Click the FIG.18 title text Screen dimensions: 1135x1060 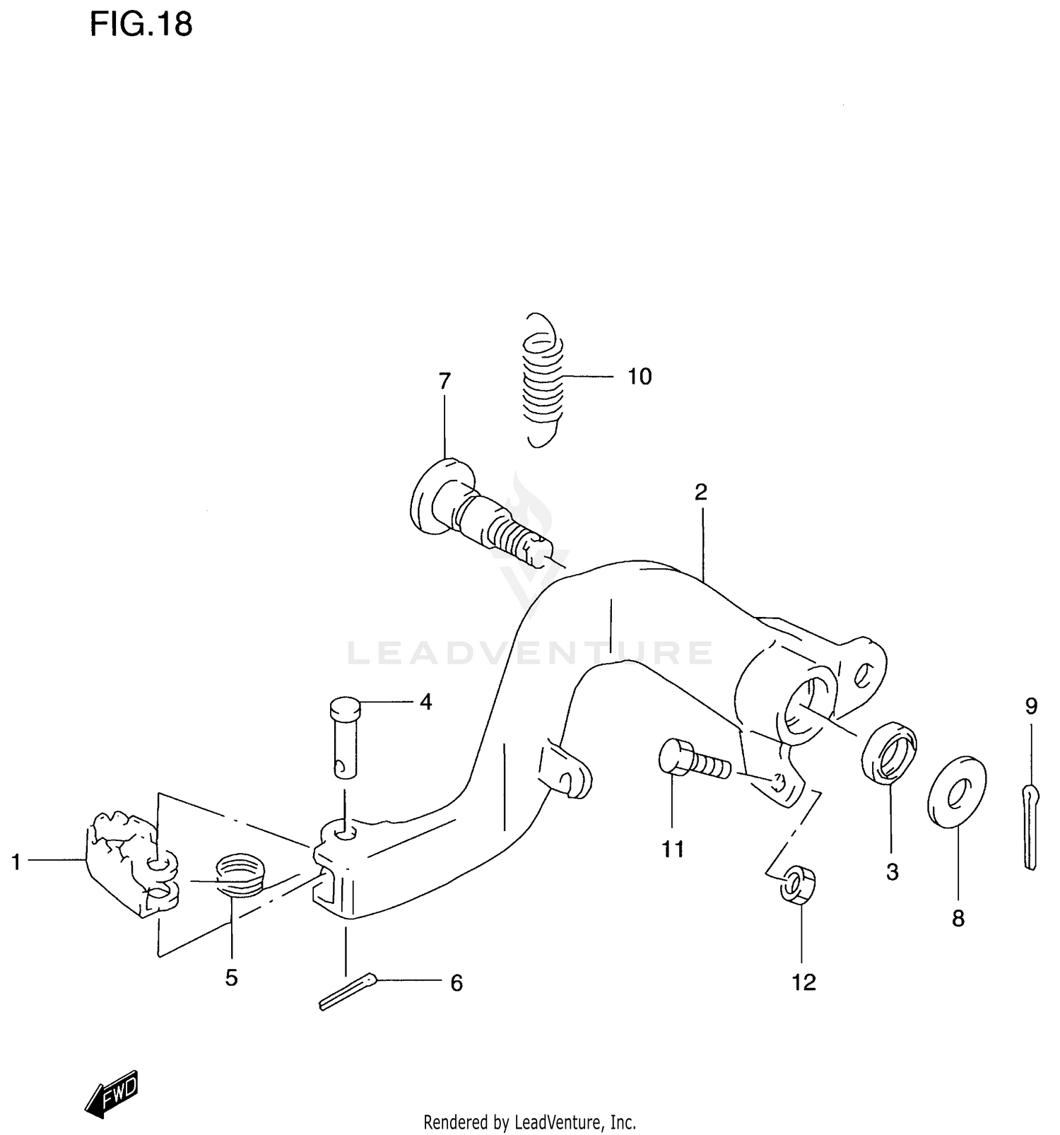click(x=140, y=25)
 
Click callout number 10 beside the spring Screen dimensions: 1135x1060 click(x=640, y=377)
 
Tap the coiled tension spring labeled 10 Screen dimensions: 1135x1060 click(x=543, y=380)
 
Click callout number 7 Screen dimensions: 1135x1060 click(x=444, y=382)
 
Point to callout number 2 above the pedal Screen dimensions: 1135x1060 click(x=700, y=492)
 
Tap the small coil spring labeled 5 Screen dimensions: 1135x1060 click(x=239, y=876)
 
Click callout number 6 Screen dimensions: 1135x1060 click(x=457, y=983)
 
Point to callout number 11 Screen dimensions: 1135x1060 click(x=673, y=849)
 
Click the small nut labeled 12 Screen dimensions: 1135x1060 click(x=798, y=883)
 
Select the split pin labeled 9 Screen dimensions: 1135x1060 click(x=1032, y=825)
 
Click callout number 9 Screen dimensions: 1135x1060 click(x=1031, y=706)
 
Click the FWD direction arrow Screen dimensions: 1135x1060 click(x=112, y=1094)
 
